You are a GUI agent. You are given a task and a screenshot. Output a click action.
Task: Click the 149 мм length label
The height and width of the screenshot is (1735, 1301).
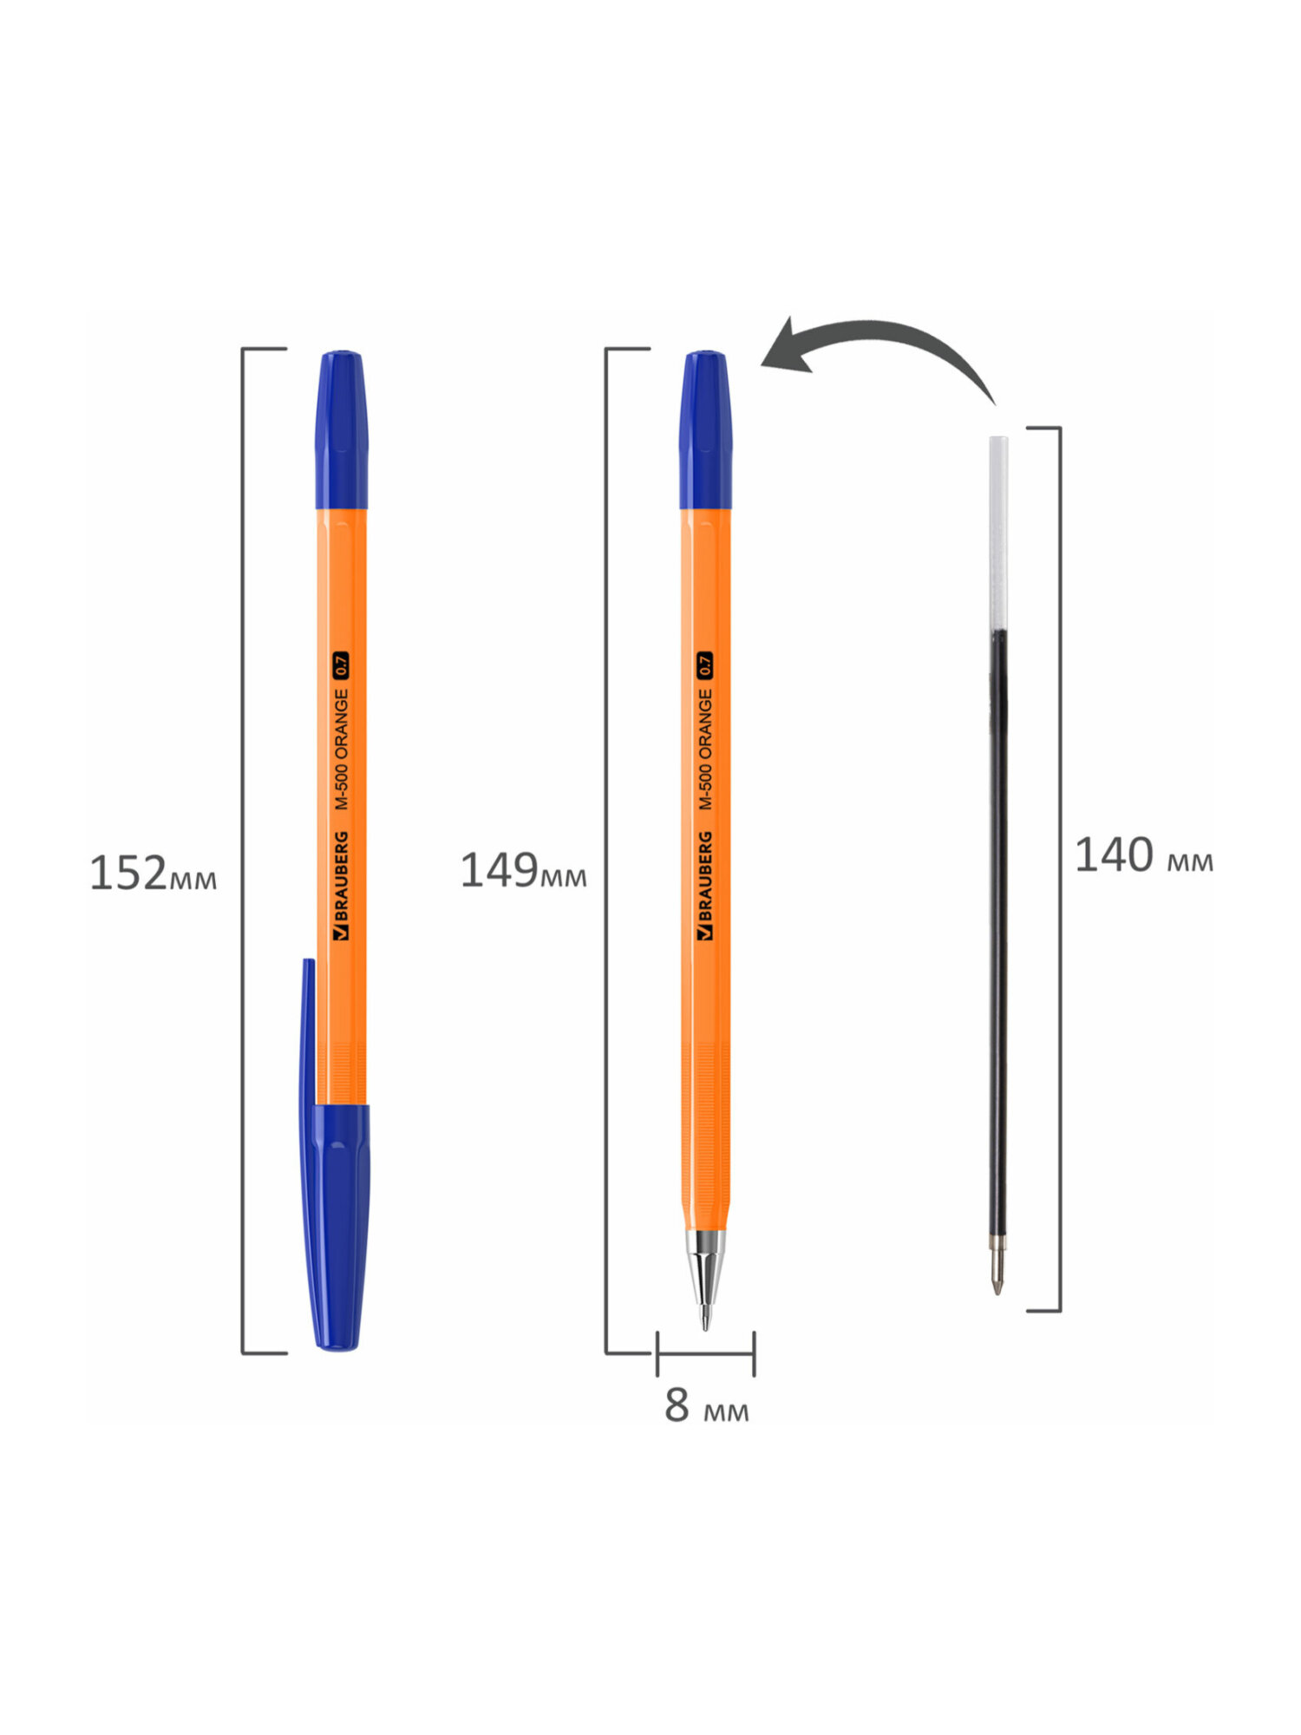click(523, 870)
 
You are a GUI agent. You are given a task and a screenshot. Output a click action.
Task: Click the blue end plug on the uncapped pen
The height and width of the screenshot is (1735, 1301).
click(705, 429)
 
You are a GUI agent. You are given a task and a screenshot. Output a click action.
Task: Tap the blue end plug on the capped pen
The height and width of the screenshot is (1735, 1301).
click(341, 429)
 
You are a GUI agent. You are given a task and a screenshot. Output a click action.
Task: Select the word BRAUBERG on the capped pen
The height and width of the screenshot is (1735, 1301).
click(341, 885)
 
